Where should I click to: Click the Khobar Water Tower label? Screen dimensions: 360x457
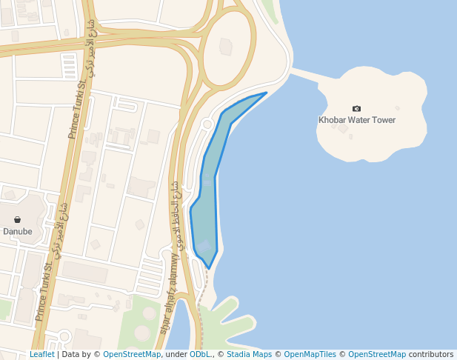357,120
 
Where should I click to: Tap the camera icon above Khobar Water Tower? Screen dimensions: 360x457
357,109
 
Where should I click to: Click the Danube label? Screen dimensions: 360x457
18,231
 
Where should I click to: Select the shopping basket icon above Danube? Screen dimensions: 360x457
18,220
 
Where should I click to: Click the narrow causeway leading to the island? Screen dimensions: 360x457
305,75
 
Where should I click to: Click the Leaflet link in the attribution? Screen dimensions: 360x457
42,355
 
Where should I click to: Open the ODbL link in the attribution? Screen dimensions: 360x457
200,355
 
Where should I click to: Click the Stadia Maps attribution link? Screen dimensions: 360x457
249,355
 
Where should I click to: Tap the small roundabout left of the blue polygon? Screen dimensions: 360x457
207,124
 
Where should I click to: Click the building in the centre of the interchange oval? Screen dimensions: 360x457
226,47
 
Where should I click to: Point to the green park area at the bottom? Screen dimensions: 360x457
141,322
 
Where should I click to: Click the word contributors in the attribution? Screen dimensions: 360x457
431,355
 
